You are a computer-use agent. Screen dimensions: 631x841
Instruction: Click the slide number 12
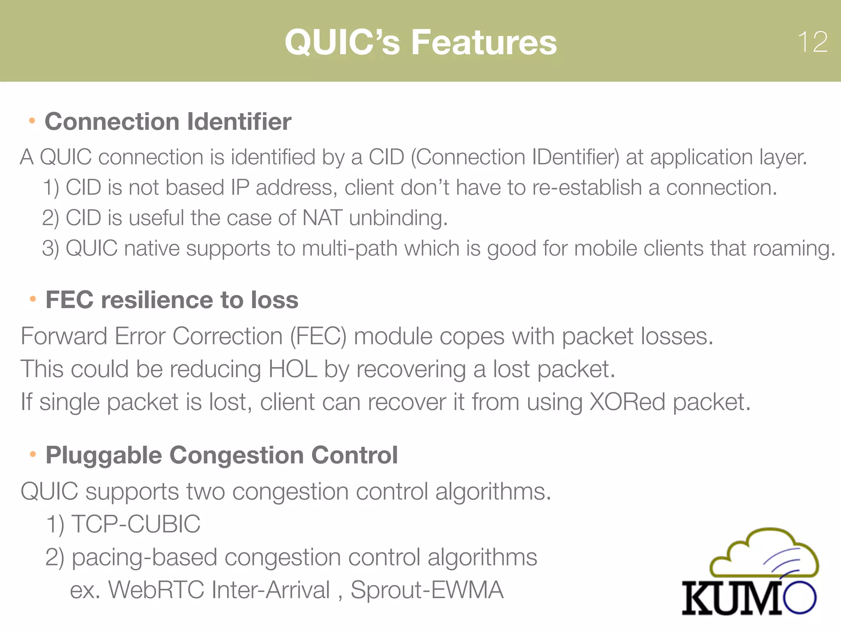click(812, 42)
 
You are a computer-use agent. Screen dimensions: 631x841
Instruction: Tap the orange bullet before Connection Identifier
click(32, 121)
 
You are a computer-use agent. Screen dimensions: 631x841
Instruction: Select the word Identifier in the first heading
click(239, 122)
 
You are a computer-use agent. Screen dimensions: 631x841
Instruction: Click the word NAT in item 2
click(322, 218)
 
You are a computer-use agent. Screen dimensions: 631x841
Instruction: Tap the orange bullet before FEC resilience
click(33, 299)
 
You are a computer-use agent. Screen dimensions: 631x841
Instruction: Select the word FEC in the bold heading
click(69, 300)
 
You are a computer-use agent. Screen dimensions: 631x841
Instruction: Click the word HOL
click(292, 369)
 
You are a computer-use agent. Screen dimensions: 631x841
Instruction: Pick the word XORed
click(627, 402)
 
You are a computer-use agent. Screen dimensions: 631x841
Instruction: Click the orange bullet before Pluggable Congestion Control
click(33, 454)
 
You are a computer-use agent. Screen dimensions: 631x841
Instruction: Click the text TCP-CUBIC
click(136, 524)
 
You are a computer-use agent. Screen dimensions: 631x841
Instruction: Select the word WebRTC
click(156, 590)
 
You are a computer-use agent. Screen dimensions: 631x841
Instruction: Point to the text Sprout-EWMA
click(427, 590)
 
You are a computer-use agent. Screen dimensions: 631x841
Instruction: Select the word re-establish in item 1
click(587, 188)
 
